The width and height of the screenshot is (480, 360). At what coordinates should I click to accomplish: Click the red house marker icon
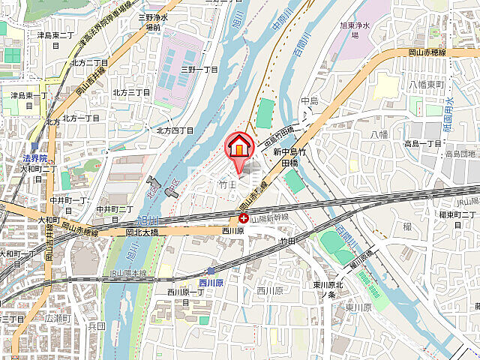pyautogui.click(x=238, y=145)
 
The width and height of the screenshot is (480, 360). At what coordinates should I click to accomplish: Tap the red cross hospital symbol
pyautogui.click(x=244, y=218)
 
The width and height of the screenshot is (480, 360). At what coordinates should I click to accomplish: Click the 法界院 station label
pyautogui.click(x=34, y=159)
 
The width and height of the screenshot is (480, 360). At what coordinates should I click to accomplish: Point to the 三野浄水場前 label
pyautogui.click(x=152, y=22)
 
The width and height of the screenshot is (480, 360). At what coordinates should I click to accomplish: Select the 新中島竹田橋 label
pyautogui.click(x=284, y=156)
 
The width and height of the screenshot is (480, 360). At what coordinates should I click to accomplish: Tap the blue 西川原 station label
pyautogui.click(x=212, y=283)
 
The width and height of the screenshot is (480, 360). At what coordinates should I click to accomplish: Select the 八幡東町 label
pyautogui.click(x=427, y=85)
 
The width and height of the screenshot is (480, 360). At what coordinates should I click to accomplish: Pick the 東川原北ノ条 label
pyautogui.click(x=328, y=289)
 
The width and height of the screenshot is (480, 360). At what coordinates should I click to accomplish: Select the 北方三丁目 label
pyautogui.click(x=131, y=92)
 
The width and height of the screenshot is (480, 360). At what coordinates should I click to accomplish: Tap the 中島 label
pyautogui.click(x=310, y=100)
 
